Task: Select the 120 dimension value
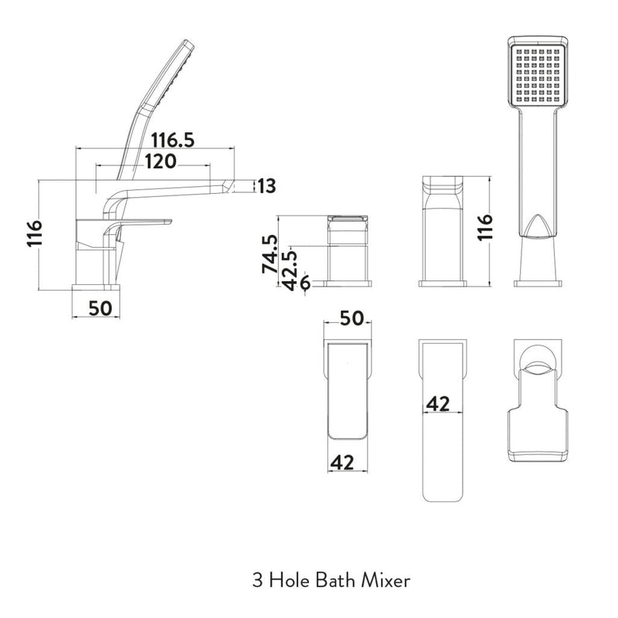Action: coord(154,161)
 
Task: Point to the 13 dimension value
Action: coord(267,185)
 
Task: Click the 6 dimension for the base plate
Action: coord(305,284)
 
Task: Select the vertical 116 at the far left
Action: coord(32,234)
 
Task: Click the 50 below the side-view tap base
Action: coord(100,307)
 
